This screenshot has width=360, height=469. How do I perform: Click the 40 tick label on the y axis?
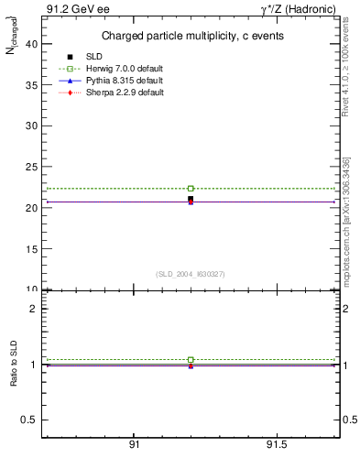(x=32, y=43)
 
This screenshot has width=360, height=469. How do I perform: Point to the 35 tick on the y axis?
(x=32, y=84)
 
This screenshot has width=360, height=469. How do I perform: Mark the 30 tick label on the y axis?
(x=32, y=125)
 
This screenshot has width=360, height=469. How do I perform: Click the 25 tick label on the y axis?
(x=32, y=167)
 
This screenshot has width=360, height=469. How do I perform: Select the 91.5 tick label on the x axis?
(x=276, y=445)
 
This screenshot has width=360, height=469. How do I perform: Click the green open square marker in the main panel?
(x=191, y=189)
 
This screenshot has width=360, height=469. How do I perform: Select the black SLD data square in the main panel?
(x=191, y=198)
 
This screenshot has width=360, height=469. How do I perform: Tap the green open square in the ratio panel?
(x=191, y=360)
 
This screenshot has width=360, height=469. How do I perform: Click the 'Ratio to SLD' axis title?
(x=14, y=364)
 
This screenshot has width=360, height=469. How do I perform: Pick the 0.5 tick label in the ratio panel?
(x=28, y=420)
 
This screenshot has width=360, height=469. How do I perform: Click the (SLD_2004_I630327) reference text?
(x=191, y=274)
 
